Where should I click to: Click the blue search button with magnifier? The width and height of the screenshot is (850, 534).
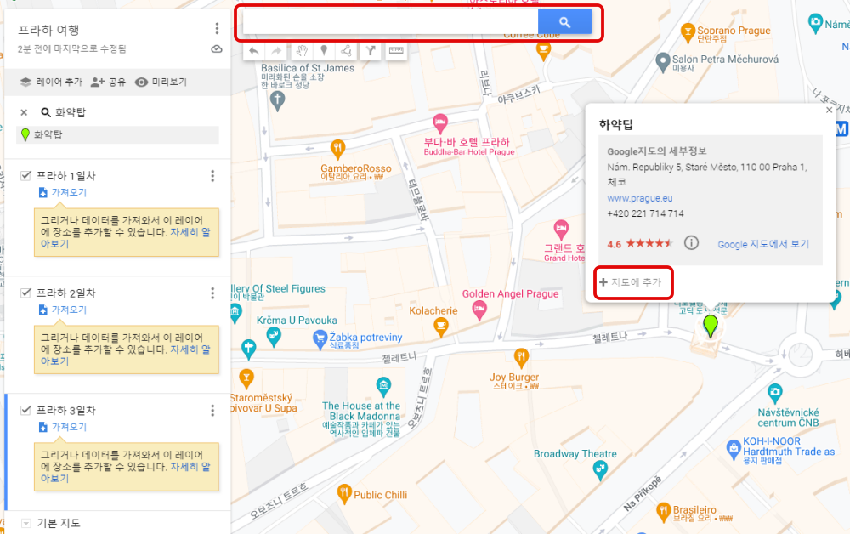point(564,22)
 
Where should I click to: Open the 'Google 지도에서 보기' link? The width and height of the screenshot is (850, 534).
point(762,244)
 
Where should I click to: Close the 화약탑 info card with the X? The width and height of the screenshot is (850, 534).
point(829,110)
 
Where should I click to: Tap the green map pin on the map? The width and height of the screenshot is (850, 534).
point(710,326)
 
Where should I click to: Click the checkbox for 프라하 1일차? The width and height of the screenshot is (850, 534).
point(25,176)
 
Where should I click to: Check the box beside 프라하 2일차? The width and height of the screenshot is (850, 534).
point(25,293)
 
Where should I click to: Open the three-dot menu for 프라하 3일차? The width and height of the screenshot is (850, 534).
point(212,411)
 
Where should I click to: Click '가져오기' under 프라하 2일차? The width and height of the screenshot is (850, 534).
point(68,310)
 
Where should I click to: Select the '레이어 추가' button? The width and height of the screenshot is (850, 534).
point(51,82)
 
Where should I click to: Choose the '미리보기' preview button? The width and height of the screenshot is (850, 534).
point(161,82)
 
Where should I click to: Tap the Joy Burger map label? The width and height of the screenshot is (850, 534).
point(514,378)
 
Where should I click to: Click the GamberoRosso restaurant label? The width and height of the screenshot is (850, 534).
point(356,168)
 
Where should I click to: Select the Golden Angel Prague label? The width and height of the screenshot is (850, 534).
point(510,294)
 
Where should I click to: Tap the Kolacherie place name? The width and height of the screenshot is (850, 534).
point(433,311)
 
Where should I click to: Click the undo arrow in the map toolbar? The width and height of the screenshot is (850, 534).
point(254,51)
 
